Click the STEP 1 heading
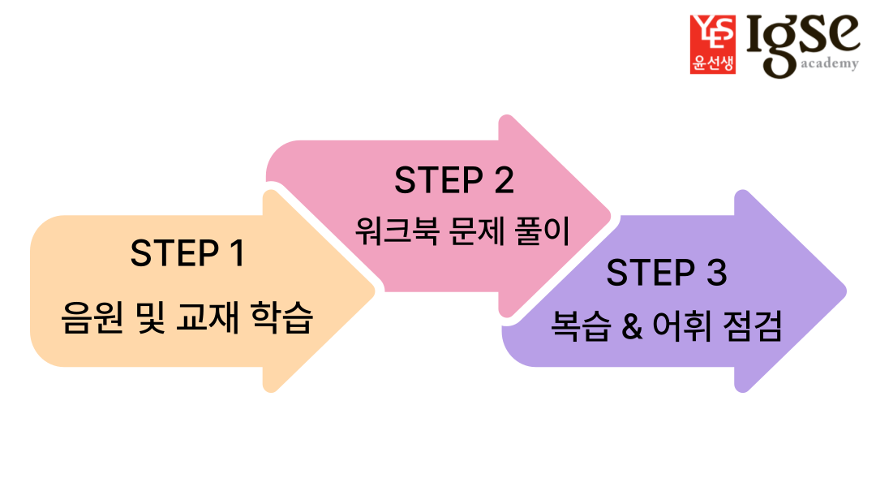coord(187,253)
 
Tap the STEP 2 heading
coord(454,180)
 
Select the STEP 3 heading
coord(666,273)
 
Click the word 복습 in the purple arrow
coord(579,328)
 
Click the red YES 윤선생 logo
coord(712,45)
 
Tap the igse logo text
coord(799,37)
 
